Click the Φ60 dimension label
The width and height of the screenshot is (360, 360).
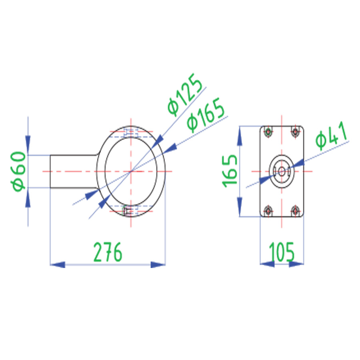pyautogui.click(x=18, y=171)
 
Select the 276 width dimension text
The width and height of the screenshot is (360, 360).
pyautogui.click(x=108, y=252)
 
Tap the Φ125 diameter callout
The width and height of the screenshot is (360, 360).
pyautogui.click(x=185, y=94)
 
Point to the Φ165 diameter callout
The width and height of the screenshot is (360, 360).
pyautogui.click(x=205, y=115)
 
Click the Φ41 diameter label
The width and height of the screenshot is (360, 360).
pyautogui.click(x=332, y=136)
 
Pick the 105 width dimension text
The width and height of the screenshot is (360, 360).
pyautogui.click(x=282, y=252)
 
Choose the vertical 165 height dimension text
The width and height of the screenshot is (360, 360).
pyautogui.click(x=230, y=171)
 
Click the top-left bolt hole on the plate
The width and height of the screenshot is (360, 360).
pyautogui.click(x=268, y=132)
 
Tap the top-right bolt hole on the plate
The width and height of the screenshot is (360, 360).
pyautogui.click(x=295, y=132)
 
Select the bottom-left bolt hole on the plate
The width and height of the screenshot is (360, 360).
pyautogui.click(x=268, y=210)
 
